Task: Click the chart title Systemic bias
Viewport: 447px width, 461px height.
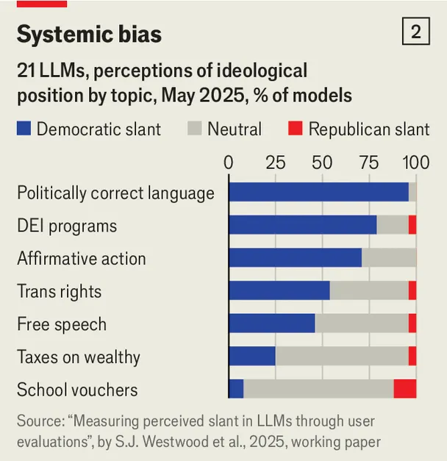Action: pos(89,34)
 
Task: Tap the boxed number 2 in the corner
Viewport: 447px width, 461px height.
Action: pos(416,32)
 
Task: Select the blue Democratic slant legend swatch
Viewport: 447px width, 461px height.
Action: pos(24,129)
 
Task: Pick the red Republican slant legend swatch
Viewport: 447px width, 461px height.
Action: pos(295,129)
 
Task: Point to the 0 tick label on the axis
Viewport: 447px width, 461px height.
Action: pos(229,162)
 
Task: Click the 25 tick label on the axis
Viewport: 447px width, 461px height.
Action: pos(276,162)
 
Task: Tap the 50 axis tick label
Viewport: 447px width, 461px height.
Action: pos(322,162)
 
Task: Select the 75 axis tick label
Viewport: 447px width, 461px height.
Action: pos(369,162)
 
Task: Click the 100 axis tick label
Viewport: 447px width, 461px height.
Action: pos(416,162)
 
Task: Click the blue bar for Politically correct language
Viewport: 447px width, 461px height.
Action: pos(318,192)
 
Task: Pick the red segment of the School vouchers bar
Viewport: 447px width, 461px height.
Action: pos(405,390)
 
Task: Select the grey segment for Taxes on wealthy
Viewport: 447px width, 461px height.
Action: pos(342,357)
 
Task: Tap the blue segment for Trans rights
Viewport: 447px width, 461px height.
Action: pos(279,291)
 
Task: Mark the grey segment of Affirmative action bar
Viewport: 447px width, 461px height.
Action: pos(389,258)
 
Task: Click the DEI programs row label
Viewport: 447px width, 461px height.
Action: pos(67,226)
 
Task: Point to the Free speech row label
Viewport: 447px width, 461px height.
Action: pos(62,324)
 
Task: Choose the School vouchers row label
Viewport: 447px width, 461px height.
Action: pos(77,390)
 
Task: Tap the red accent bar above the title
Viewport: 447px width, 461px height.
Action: pos(42,4)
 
